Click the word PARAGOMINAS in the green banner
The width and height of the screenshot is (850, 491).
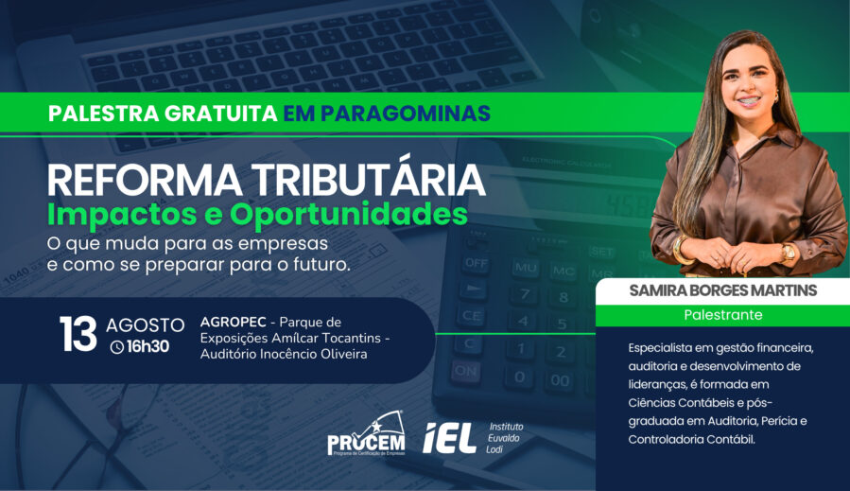point(406,114)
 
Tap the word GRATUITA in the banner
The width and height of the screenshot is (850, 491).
point(221,114)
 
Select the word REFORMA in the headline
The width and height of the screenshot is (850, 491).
point(146,181)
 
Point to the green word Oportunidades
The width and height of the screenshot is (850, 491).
point(349,214)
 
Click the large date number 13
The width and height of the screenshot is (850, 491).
point(78,334)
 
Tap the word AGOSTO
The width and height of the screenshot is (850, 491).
point(146,325)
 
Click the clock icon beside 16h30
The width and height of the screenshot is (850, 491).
point(117,347)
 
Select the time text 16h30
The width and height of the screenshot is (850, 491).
point(148,346)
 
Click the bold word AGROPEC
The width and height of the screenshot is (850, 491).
point(234,323)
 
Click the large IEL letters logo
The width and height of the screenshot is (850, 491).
point(449,438)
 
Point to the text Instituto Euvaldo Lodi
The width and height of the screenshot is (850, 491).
point(505,438)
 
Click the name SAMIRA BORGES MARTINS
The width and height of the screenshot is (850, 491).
point(722,290)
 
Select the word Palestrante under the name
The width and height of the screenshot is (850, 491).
point(723,315)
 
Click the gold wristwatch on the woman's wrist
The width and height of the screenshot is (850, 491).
point(788,253)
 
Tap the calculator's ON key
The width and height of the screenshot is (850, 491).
point(466,372)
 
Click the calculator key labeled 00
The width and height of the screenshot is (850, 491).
point(560,379)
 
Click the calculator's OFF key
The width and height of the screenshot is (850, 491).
point(476,264)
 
